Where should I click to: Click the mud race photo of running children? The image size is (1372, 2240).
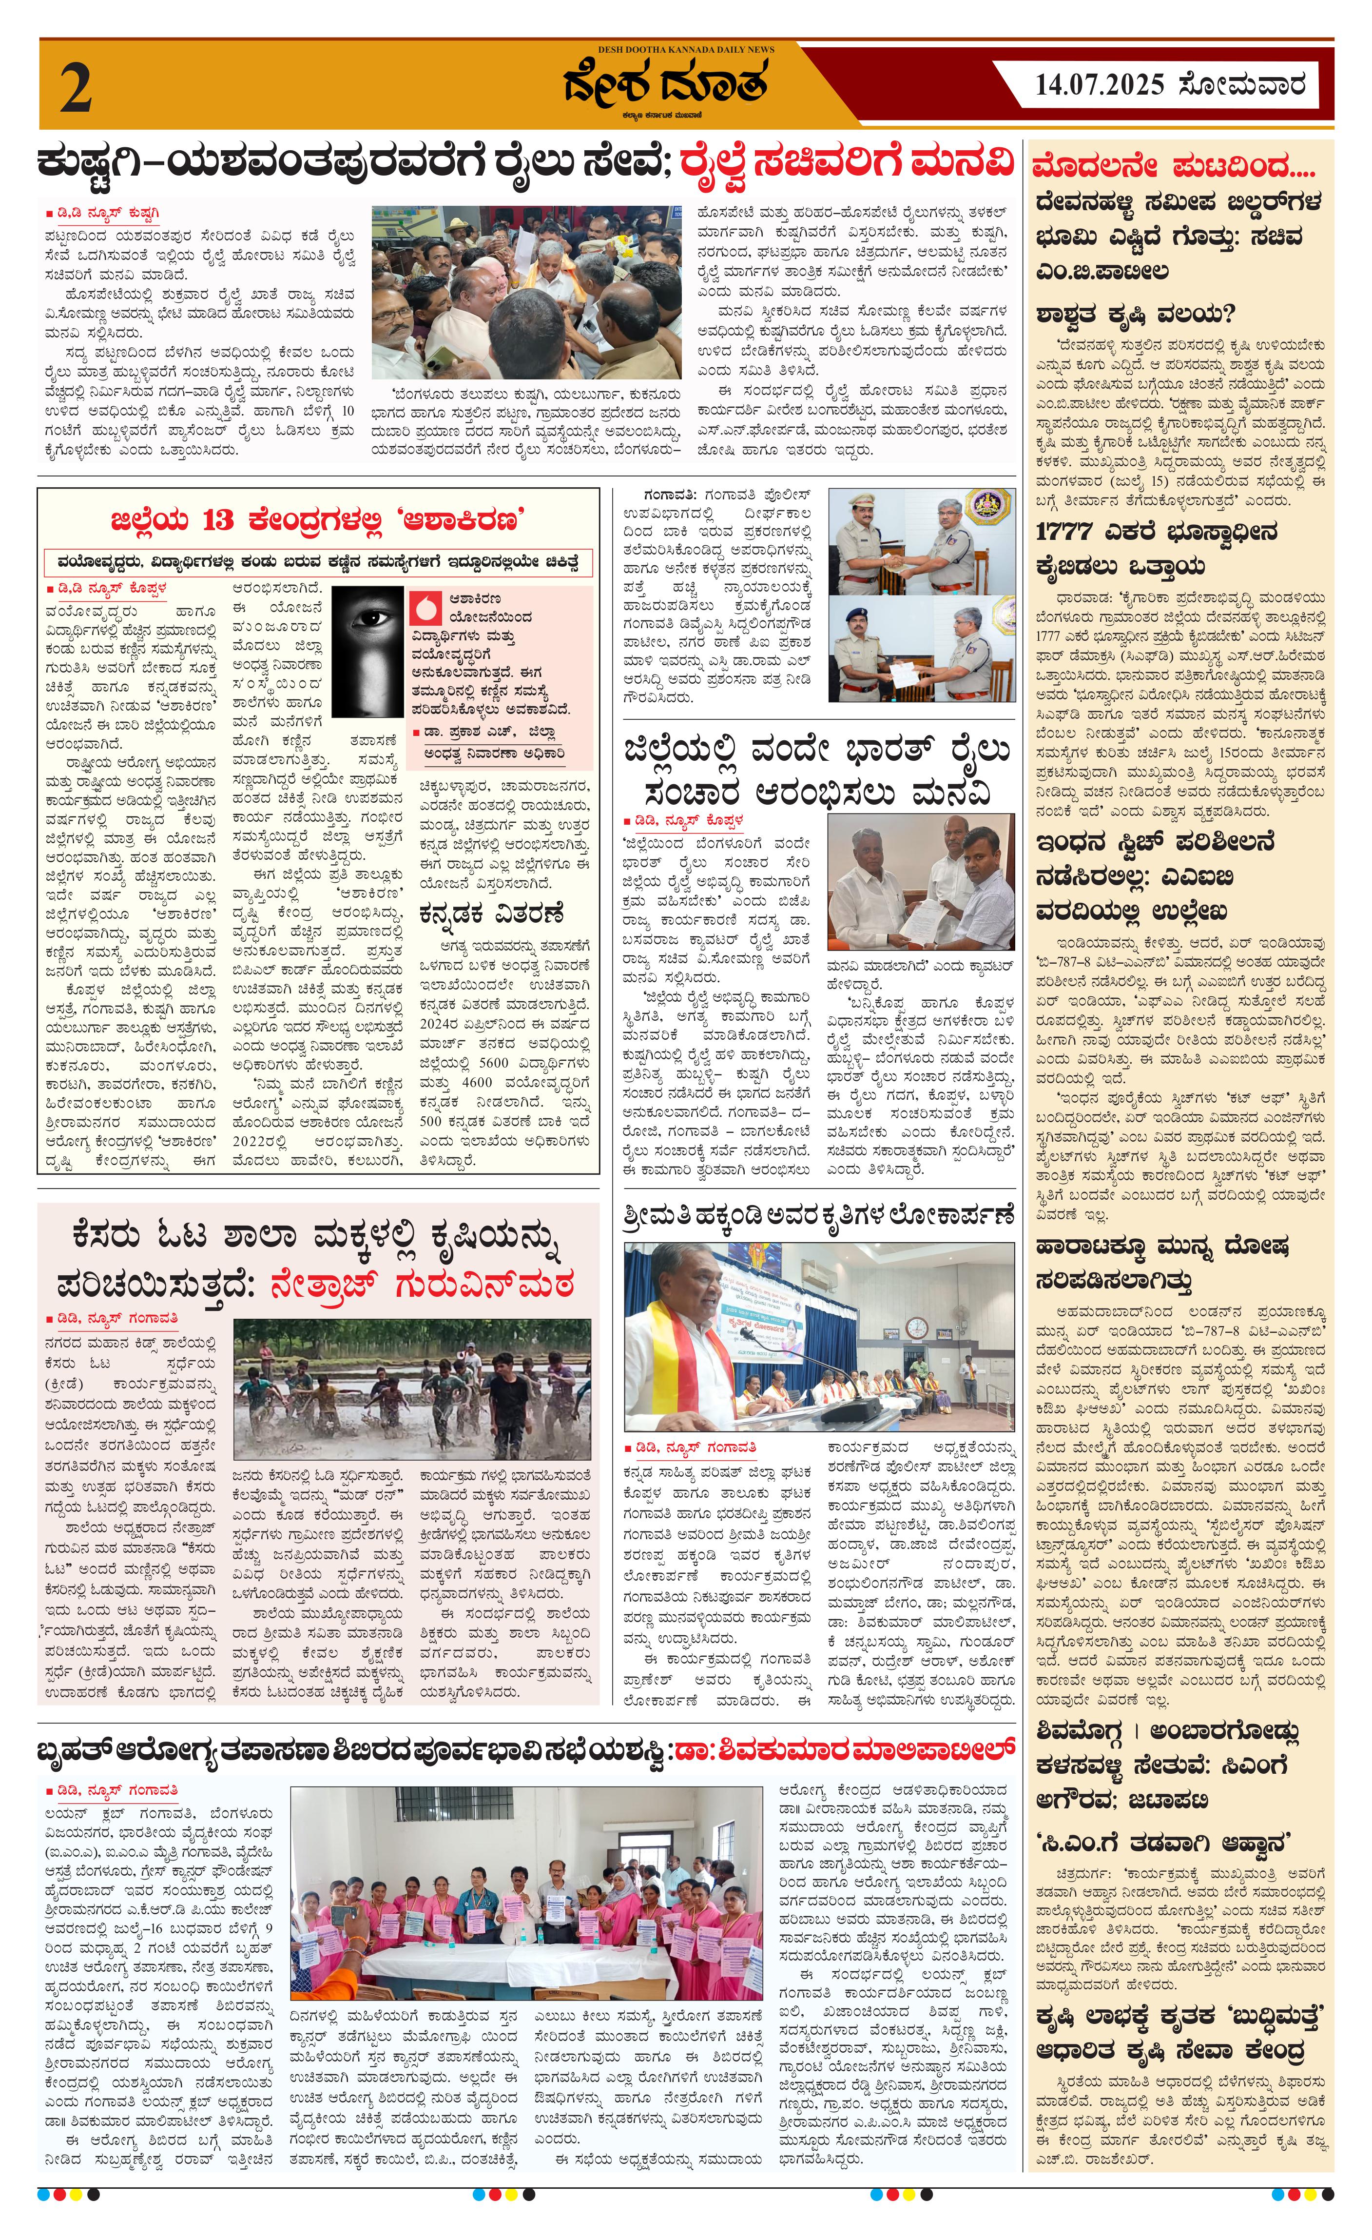coord(411,1390)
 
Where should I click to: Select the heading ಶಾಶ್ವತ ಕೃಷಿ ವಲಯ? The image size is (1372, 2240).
coord(1134,315)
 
